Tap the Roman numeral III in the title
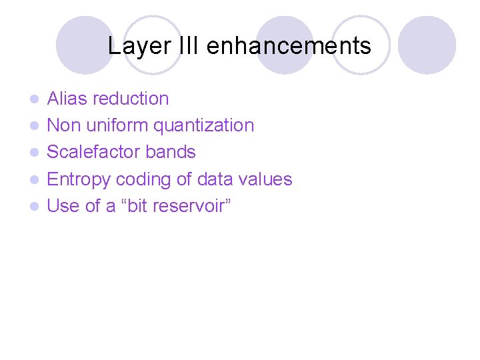187,46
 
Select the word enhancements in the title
289,46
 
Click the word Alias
67,99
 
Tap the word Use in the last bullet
63,206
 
